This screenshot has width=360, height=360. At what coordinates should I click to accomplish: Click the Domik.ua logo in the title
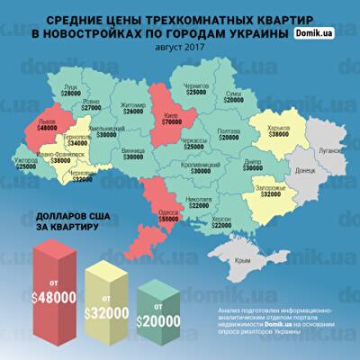tap(319, 33)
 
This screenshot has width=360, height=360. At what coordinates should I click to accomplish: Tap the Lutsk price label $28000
tap(72, 94)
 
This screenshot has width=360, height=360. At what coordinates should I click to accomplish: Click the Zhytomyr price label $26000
tap(131, 111)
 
